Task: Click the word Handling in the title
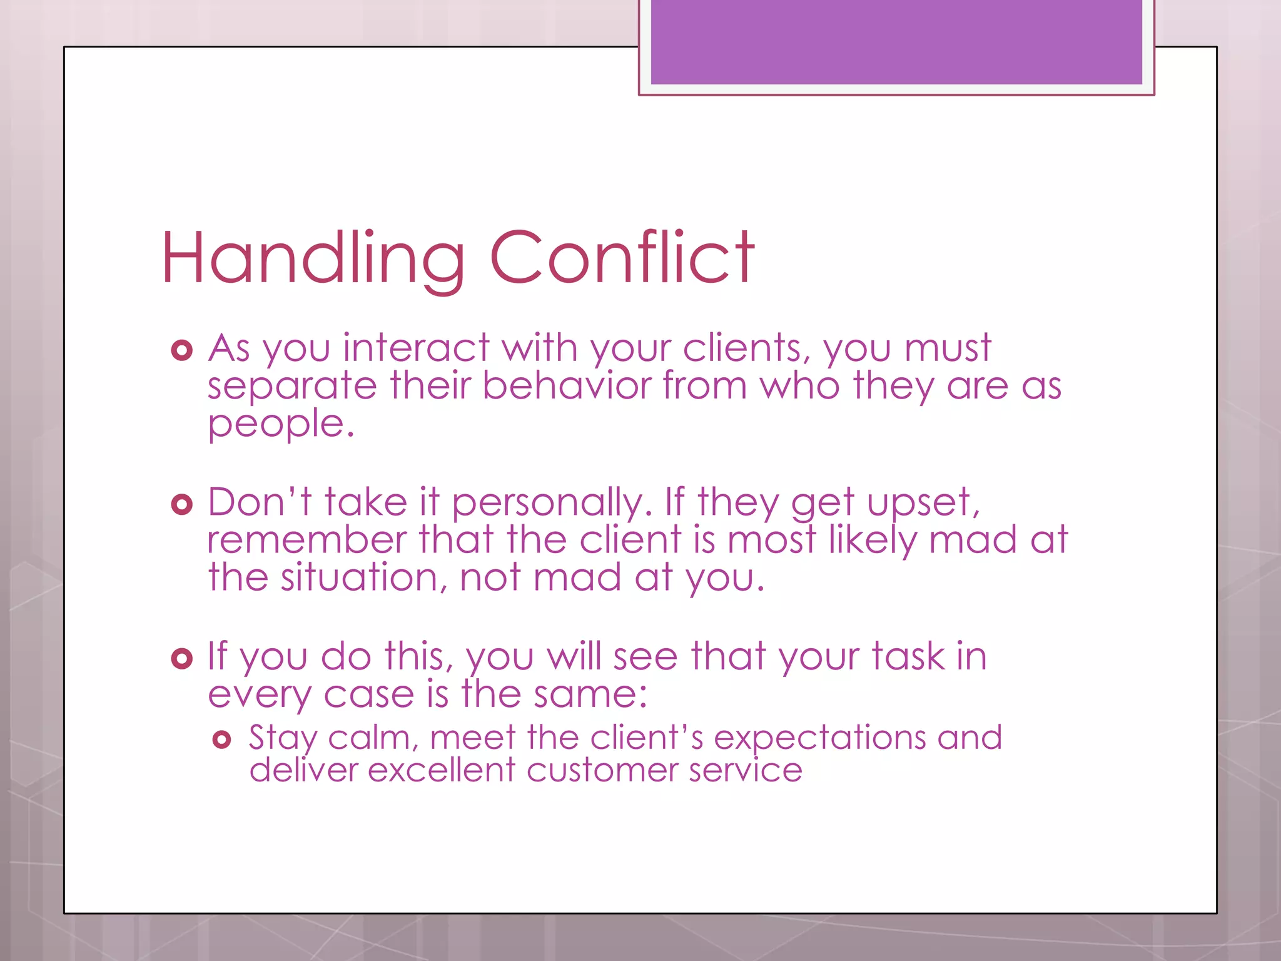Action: [313, 258]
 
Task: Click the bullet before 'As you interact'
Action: [181, 350]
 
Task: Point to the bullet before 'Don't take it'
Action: [181, 504]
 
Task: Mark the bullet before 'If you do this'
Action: [181, 658]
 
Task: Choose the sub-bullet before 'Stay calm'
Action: [222, 740]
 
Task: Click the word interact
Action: [416, 348]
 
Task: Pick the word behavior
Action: [567, 386]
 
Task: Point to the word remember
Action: [306, 541]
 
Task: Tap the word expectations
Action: [819, 738]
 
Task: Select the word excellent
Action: [441, 770]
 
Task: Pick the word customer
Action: [602, 770]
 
